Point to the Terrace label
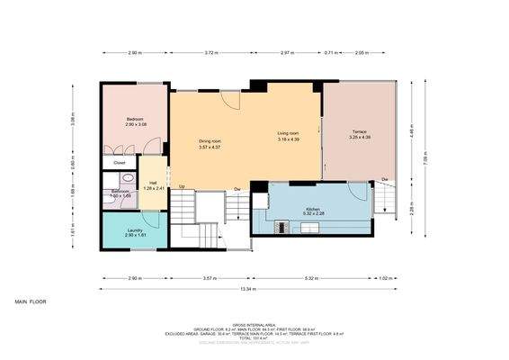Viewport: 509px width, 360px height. (359, 134)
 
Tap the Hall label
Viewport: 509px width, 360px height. (153, 185)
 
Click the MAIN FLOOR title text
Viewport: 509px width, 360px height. (30, 301)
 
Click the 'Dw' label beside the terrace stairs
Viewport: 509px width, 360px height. (384, 181)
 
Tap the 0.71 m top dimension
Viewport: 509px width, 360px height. (331, 54)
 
